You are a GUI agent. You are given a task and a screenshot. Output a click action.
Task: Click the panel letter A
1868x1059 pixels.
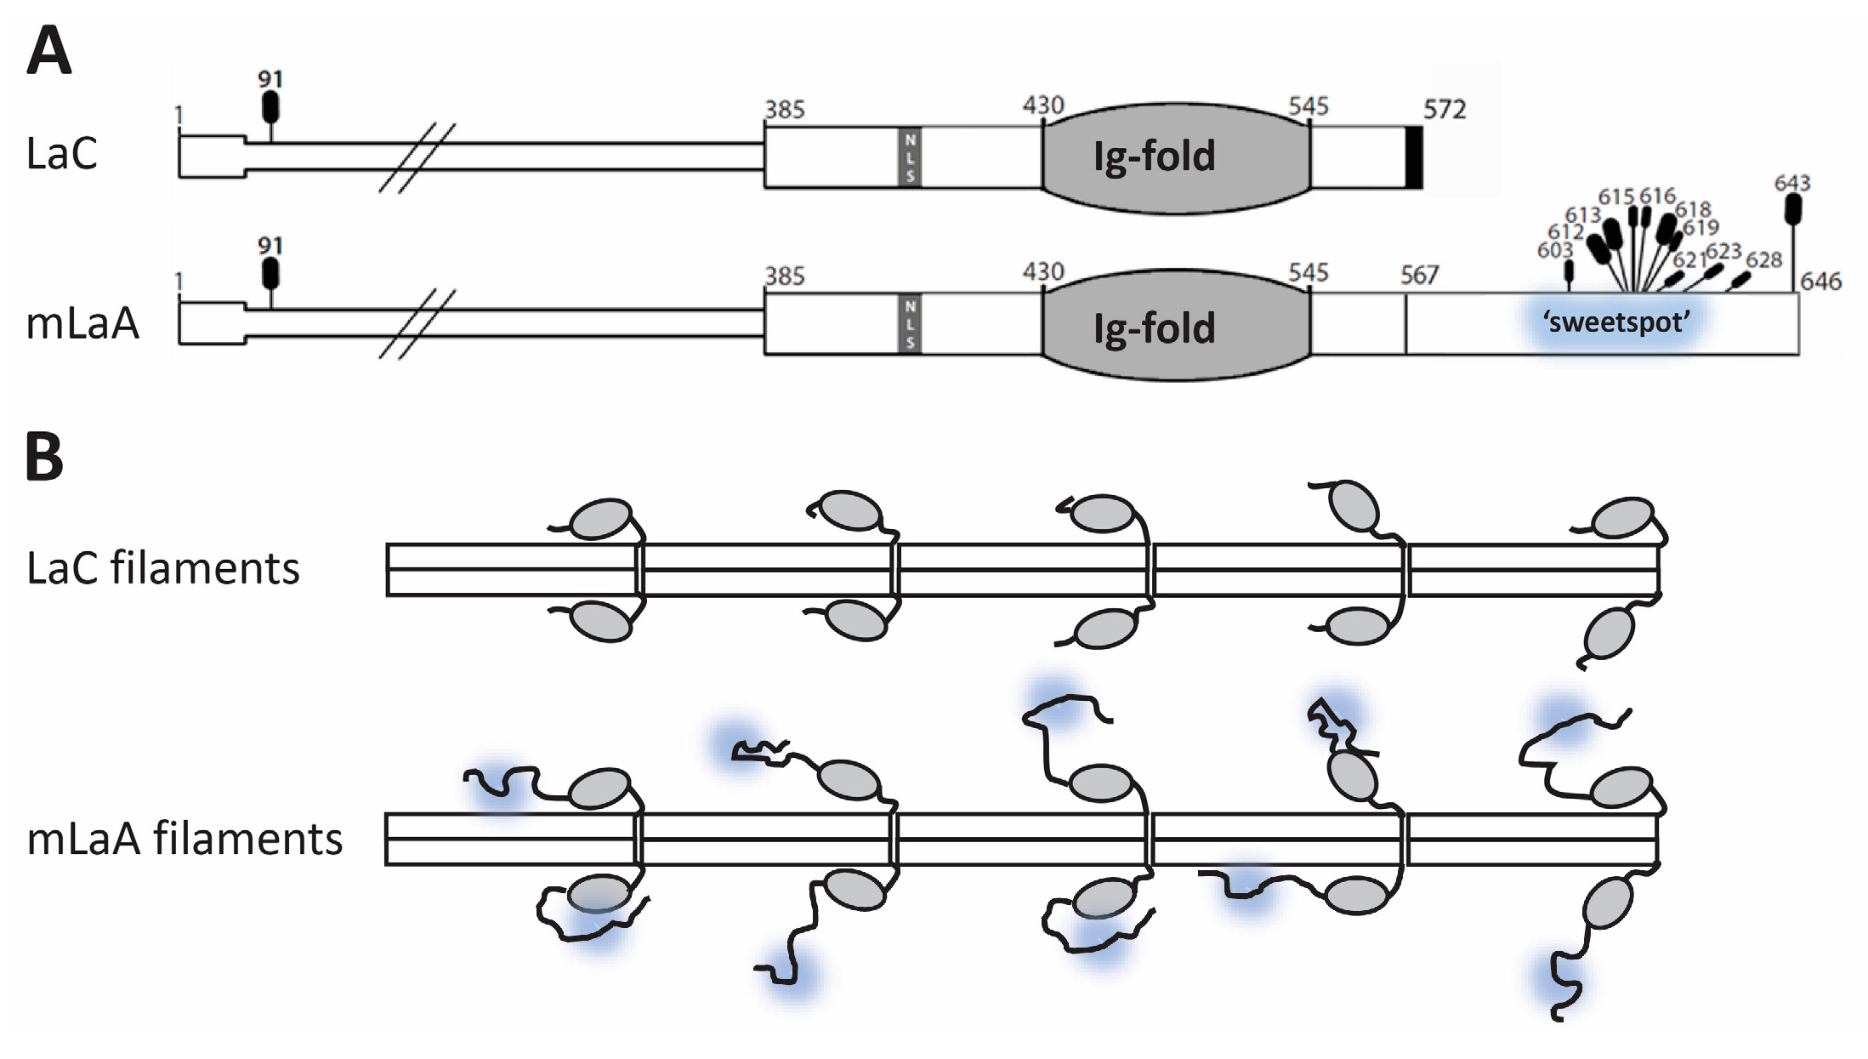(x=48, y=51)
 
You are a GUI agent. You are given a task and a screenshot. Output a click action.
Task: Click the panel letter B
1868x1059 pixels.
(x=44, y=457)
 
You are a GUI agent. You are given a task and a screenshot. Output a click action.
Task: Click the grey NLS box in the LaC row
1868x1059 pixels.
(x=910, y=157)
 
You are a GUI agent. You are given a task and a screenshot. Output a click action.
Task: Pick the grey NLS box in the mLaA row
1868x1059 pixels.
(x=910, y=324)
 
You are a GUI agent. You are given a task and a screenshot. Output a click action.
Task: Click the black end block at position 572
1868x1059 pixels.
(x=1413, y=157)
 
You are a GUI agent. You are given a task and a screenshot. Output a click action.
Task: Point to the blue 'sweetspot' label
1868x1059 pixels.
(x=1615, y=322)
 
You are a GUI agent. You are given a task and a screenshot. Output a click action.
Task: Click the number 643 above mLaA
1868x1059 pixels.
(x=1791, y=183)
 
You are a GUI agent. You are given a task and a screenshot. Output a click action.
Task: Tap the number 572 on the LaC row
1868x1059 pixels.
(x=1445, y=110)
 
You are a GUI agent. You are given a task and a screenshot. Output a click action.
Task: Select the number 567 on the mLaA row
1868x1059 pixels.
(x=1419, y=275)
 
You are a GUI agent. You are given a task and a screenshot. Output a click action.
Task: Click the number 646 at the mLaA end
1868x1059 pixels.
(x=1820, y=282)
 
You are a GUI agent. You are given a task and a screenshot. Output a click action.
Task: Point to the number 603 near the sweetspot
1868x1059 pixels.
(x=1554, y=250)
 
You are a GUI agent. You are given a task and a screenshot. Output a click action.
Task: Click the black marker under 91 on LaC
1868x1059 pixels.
(x=270, y=107)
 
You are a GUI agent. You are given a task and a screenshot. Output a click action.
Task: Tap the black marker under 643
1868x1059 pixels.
(x=1794, y=208)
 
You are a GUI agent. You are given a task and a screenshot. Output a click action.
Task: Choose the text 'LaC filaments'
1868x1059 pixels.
(x=163, y=568)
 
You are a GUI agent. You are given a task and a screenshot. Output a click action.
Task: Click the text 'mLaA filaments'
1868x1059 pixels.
(x=185, y=839)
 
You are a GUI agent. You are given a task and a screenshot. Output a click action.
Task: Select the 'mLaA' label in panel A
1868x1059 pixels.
(x=82, y=324)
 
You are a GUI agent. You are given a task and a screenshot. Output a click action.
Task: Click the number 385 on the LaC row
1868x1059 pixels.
(x=784, y=110)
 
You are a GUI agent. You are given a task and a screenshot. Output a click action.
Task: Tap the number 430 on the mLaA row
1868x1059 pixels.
(x=1043, y=272)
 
